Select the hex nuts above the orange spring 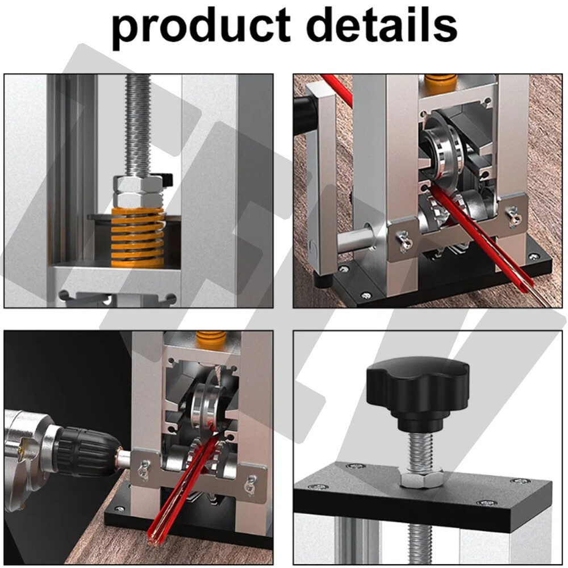coord(137,191)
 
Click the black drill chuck coord(85,452)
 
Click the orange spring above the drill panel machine coord(211,339)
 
